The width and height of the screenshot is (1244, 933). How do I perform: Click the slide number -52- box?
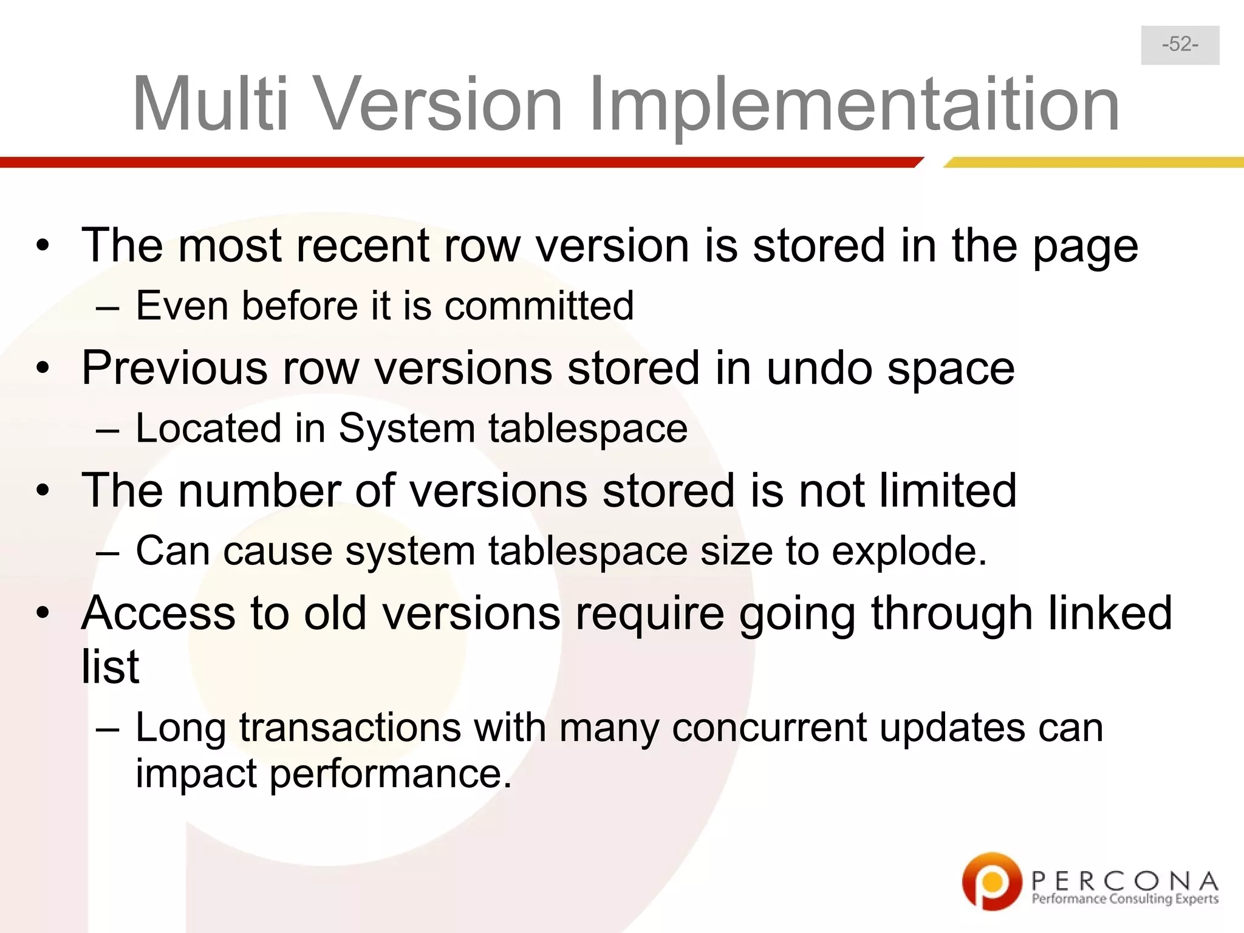click(x=1180, y=45)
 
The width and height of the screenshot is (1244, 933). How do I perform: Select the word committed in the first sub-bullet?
click(x=539, y=306)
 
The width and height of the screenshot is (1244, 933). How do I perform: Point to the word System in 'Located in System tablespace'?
click(x=406, y=428)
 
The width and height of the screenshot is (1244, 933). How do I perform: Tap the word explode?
click(x=908, y=552)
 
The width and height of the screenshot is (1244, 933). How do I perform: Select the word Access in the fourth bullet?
click(x=158, y=613)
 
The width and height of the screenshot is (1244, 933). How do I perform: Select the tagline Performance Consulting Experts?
click(x=1125, y=899)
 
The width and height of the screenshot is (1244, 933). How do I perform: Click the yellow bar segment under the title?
click(x=1093, y=162)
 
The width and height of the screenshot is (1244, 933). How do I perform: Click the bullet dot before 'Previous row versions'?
click(x=42, y=369)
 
